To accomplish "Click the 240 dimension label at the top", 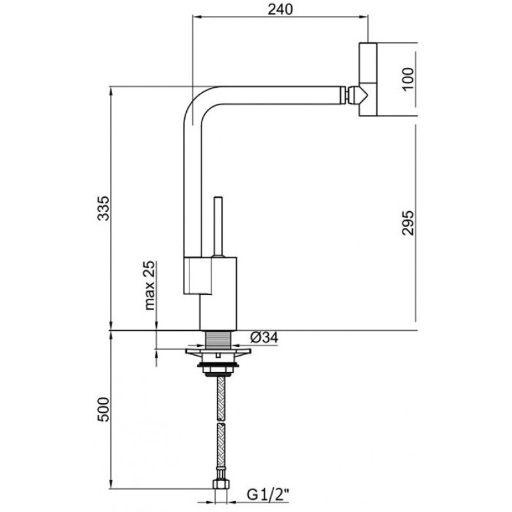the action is point(280,9).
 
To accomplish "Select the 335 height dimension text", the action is point(104,209).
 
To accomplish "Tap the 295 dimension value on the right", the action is point(408,223).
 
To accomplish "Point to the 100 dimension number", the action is point(408,79).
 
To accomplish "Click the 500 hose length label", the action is point(104,410).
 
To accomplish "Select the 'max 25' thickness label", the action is point(150,285).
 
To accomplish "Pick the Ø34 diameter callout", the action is point(264,337).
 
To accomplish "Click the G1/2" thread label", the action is point(268,495).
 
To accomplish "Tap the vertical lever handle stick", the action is point(218,227).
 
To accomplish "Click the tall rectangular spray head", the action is point(369,79).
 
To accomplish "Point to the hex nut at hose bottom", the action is point(221,484).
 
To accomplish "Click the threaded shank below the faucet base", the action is point(218,340).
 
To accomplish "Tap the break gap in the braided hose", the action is point(221,422).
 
